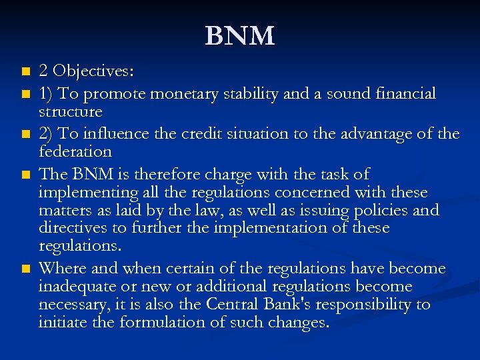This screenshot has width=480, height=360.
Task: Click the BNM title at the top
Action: [x=239, y=36]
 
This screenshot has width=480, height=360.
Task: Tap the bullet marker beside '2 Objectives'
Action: [x=26, y=71]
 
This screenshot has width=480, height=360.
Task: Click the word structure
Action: [x=70, y=111]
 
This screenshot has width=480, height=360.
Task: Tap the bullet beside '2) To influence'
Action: [x=26, y=135]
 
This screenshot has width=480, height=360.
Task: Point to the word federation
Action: [x=75, y=151]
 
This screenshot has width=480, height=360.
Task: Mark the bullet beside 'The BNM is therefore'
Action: [x=26, y=175]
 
